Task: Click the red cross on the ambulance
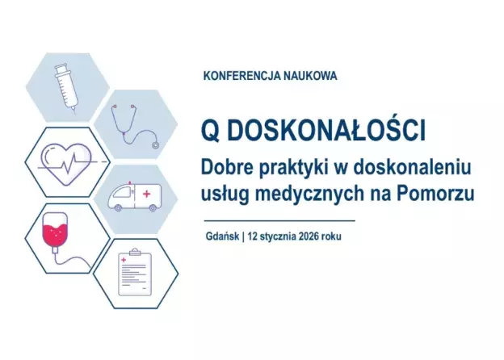[146, 195]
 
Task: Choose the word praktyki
[293, 168]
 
